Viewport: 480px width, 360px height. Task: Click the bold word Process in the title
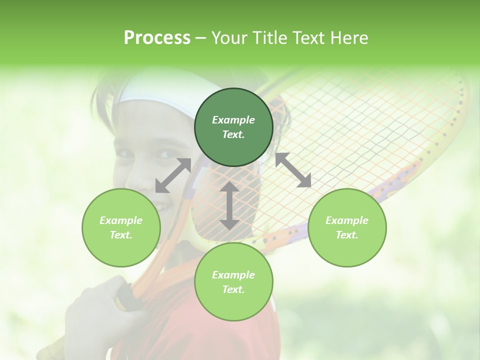click(x=157, y=38)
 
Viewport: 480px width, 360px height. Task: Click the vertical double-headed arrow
click(x=229, y=205)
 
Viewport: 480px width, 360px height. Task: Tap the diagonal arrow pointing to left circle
click(x=173, y=175)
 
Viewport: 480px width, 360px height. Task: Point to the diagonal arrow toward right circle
click(x=293, y=170)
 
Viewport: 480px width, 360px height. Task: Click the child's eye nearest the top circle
click(x=164, y=154)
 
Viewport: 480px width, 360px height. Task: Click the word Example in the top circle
click(x=233, y=120)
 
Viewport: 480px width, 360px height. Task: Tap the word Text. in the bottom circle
click(x=233, y=289)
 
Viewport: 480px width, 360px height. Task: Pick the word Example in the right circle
click(x=347, y=220)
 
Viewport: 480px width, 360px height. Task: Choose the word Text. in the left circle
click(x=121, y=235)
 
